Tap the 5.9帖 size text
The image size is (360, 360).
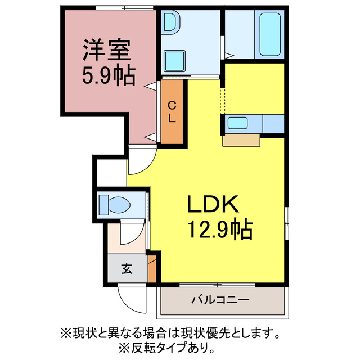click(109, 75)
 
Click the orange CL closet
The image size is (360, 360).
click(173, 111)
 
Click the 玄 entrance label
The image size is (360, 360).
click(127, 269)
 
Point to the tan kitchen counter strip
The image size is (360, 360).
click(241, 139)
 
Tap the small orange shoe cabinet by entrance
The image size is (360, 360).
click(152, 271)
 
